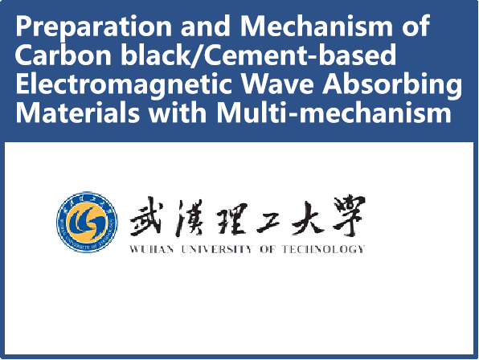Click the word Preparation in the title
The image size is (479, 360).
[x=94, y=27]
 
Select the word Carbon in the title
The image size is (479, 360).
[x=63, y=55]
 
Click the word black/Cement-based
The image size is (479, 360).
[x=259, y=55]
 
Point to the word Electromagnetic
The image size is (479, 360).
[x=124, y=85]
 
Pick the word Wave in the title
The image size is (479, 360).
[x=277, y=84]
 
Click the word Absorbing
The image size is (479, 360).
[x=392, y=85]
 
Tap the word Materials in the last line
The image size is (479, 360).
[x=78, y=112]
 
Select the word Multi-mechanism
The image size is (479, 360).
[x=334, y=112]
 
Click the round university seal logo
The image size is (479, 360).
[x=87, y=222]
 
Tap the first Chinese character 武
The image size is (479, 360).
[x=145, y=216]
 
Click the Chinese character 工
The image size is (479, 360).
[x=268, y=221]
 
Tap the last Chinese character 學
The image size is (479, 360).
[x=349, y=216]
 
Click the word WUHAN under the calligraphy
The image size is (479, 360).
[x=152, y=249]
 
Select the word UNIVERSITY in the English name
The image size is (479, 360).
[x=217, y=249]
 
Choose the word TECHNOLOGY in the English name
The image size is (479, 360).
[x=323, y=249]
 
